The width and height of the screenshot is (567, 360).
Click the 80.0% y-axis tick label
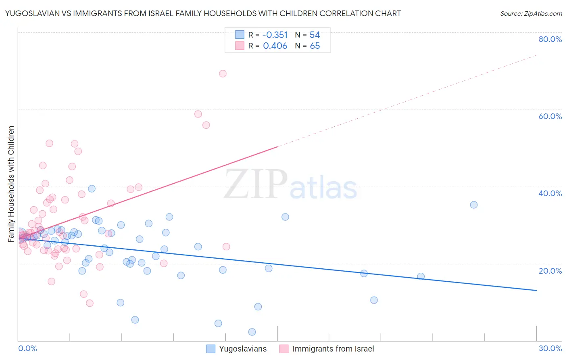point(550,39)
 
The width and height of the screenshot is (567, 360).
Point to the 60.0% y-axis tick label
point(550,116)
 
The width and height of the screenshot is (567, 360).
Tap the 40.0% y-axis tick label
point(550,193)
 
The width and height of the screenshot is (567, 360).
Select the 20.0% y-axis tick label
point(550,271)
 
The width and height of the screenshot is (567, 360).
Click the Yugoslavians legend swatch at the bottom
point(211,349)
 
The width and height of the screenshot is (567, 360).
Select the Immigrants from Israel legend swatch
point(284,349)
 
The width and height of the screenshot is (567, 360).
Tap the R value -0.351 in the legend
point(275,35)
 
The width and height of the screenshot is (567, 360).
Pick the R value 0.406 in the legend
point(275,46)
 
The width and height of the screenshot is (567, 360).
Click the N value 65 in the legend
point(315,46)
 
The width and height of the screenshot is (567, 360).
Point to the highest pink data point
point(223,73)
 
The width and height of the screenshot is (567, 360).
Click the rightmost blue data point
point(474,205)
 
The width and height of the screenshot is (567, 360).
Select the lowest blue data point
point(252,332)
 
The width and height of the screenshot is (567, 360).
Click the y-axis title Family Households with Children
point(11,184)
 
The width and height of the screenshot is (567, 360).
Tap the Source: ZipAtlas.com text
point(531,14)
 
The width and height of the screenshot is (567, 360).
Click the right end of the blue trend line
point(536,290)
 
